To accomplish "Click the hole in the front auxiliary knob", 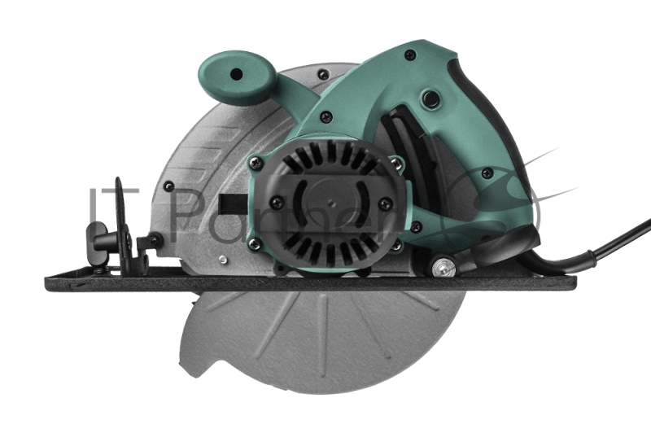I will pos(235,74).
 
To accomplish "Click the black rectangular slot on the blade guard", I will pos(234,201).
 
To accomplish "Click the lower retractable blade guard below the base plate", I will pos(325,342).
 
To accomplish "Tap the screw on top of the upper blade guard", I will pos(323,75).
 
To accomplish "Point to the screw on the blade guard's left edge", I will pos(168,186).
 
